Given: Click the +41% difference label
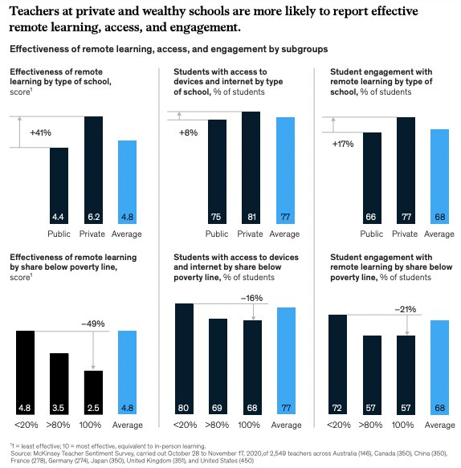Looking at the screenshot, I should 40,132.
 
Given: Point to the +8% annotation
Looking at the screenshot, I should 188,132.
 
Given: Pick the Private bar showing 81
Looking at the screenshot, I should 251,169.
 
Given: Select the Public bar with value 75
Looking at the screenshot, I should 216,173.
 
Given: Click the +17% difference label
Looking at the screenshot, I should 343,144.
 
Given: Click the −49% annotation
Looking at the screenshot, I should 93,324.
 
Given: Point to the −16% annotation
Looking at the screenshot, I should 254,297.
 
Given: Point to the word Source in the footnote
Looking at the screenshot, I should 22,453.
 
